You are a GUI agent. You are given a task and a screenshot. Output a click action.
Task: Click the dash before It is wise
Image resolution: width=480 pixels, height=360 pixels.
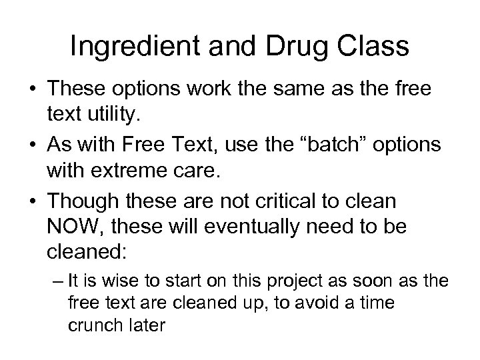click(56, 281)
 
